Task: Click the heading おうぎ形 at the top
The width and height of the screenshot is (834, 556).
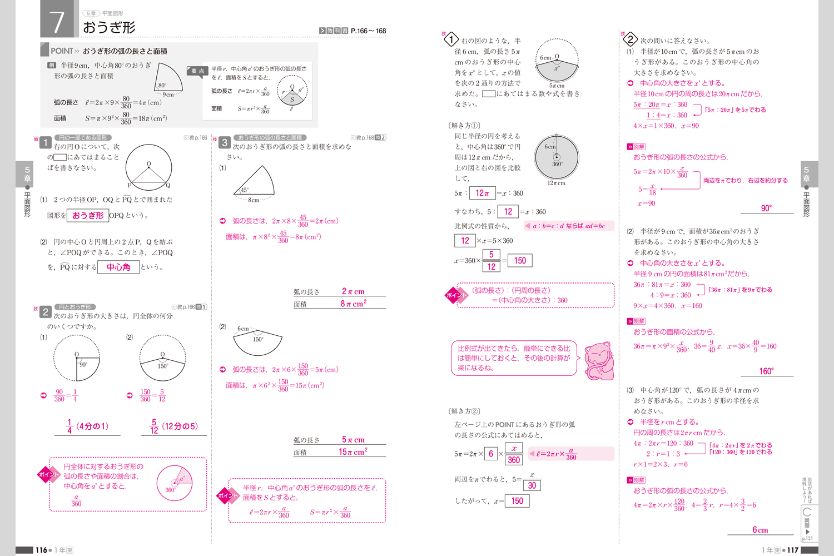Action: point(109,27)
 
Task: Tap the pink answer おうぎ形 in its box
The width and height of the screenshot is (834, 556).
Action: point(88,215)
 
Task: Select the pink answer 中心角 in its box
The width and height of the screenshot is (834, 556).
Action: point(118,267)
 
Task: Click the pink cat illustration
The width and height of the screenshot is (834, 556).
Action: point(599,361)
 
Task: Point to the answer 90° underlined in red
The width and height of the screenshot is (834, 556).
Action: point(766,208)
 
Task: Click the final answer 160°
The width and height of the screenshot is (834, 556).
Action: point(766,371)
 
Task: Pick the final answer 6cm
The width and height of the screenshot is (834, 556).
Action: point(760,530)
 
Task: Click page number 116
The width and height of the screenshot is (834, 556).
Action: point(42,550)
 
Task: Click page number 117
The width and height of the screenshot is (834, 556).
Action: point(793,550)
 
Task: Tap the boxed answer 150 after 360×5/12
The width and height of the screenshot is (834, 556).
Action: point(520,260)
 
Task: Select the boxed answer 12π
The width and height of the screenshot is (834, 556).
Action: point(482,193)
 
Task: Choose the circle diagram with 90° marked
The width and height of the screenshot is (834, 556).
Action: point(77,358)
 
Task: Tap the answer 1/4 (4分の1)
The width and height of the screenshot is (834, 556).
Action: point(88,426)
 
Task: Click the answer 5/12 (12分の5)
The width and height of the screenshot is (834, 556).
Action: point(174,426)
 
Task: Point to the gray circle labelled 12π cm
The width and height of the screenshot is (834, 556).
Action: point(557,157)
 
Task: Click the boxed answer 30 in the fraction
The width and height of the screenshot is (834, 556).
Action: point(532,485)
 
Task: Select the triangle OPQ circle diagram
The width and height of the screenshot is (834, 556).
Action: point(148,168)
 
